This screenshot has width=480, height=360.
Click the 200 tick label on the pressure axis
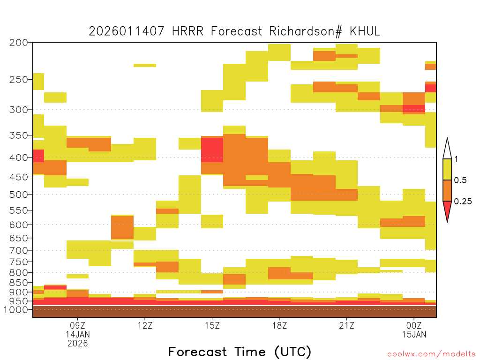[x=19, y=43]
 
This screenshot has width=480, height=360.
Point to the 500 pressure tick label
[x=19, y=195]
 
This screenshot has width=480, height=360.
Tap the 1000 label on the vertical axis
[x=16, y=310]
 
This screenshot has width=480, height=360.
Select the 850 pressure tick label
[x=19, y=283]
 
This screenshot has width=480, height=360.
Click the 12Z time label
[x=145, y=325]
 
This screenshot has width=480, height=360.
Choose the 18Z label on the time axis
[x=279, y=325]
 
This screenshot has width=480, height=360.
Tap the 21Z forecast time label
[x=346, y=325]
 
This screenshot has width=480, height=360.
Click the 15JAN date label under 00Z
[x=414, y=334]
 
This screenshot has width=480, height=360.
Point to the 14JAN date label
[x=78, y=334]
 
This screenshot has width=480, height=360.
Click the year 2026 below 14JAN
[x=78, y=344]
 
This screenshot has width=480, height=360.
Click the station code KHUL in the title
[x=365, y=31]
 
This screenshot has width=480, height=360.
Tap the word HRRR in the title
[x=187, y=31]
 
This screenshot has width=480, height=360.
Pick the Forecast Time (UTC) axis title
[x=240, y=352]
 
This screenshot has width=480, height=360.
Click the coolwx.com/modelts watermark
[x=431, y=354]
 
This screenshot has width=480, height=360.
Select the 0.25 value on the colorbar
[x=463, y=202]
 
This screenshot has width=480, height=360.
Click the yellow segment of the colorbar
[x=447, y=169]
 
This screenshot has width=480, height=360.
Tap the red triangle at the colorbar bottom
[x=447, y=210]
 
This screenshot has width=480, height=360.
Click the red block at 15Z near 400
[x=212, y=150]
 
